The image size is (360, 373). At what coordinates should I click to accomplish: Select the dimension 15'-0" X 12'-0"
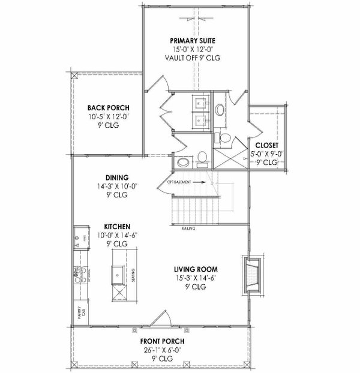[193, 50]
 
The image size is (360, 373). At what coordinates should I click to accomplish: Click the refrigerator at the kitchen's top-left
[79, 237]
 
